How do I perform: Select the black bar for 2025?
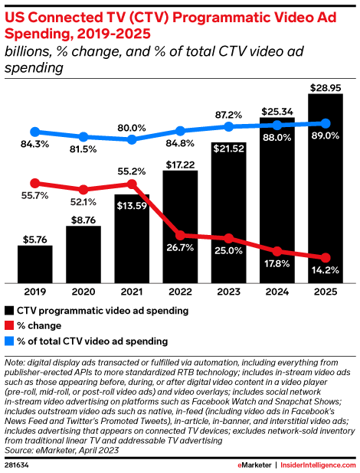click(x=326, y=191)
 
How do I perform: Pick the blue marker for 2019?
click(x=34, y=132)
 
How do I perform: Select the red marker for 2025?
click(x=326, y=258)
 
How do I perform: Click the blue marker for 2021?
click(x=132, y=139)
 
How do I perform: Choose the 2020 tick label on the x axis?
click(x=83, y=292)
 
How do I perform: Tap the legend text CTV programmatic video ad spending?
click(x=103, y=311)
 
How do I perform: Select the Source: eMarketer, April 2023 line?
click(x=64, y=452)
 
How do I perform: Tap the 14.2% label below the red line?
click(x=326, y=270)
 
